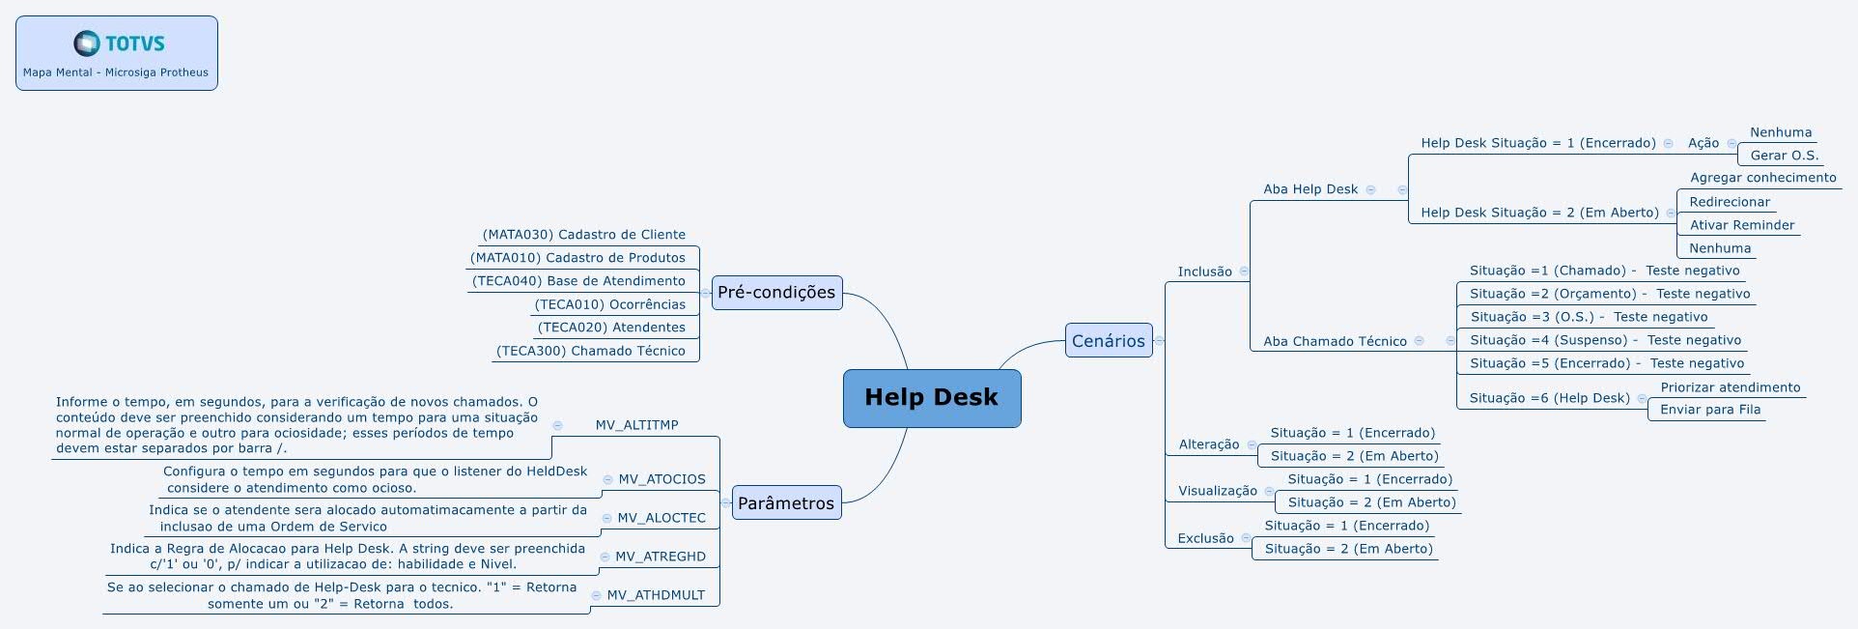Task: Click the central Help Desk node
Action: click(931, 397)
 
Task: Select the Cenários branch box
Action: click(1108, 340)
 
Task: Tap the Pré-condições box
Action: click(776, 293)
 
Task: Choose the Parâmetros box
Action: click(785, 503)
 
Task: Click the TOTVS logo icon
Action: click(87, 43)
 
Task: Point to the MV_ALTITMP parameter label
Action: click(636, 425)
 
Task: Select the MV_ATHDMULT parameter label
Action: click(656, 595)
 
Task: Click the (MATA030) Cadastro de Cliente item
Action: click(583, 235)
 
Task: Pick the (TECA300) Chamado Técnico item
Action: click(590, 351)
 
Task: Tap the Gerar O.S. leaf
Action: click(1784, 156)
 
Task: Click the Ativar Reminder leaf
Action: click(1741, 225)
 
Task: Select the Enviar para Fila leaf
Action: click(1709, 410)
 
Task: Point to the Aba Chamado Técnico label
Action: click(1335, 341)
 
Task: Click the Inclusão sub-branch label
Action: click(1204, 272)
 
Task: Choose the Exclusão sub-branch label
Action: click(1205, 538)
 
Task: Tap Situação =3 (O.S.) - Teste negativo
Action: click(1589, 317)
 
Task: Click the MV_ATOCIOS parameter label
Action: click(662, 479)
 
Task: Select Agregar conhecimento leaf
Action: click(1762, 178)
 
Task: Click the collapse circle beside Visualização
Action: click(1269, 491)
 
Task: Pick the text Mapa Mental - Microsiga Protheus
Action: click(116, 72)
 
